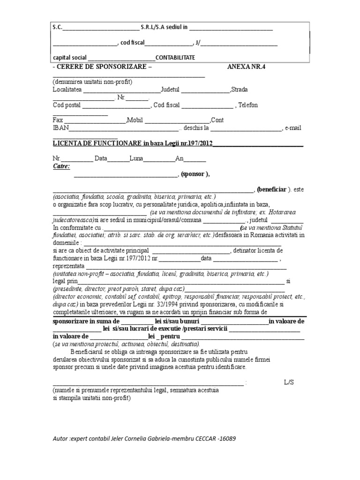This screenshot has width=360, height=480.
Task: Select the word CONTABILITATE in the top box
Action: [175, 58]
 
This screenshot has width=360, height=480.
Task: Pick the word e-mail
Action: [293, 127]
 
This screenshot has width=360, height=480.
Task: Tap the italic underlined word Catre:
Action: [61, 166]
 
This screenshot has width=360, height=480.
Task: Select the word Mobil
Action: [135, 120]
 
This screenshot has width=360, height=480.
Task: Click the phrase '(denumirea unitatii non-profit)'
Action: [92, 82]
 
